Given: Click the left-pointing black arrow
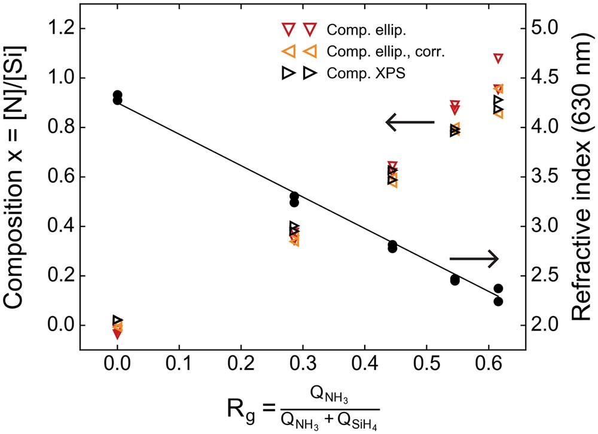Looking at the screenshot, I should tap(410, 123).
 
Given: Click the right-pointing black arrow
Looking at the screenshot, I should tap(473, 259).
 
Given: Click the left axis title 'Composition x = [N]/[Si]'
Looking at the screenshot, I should tap(19, 175).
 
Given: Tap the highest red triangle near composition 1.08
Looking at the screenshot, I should tap(498, 58).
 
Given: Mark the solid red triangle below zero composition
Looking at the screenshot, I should tap(118, 334).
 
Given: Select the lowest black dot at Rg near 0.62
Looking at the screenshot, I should tap(498, 301).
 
